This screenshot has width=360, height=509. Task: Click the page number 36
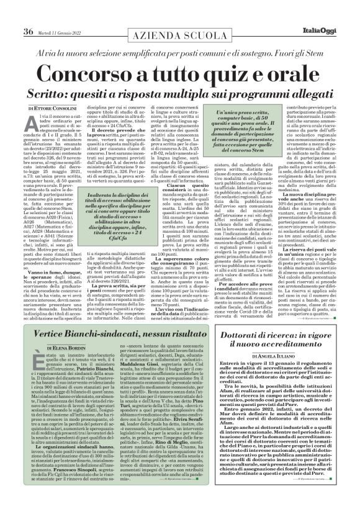click(28, 15)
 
